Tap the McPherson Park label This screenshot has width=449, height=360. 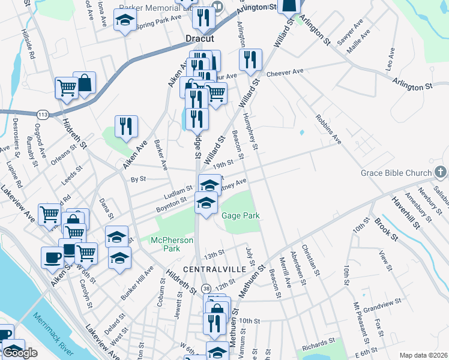pyautogui.click(x=172, y=244)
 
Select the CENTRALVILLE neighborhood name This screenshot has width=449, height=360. pyautogui.click(x=214, y=269)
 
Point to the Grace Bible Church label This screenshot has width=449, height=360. pyautogui.click(x=396, y=173)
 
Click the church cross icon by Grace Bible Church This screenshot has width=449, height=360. pyautogui.click(x=441, y=173)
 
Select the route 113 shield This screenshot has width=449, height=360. pyautogui.click(x=43, y=114)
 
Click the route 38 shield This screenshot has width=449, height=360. pyautogui.click(x=206, y=289)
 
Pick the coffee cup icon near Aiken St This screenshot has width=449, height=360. pyautogui.click(x=52, y=257)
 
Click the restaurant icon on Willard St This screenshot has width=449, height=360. pyautogui.click(x=249, y=59)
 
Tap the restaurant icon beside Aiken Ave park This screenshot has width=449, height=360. pyautogui.click(x=126, y=126)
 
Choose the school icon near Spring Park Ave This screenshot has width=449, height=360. pyautogui.click(x=125, y=22)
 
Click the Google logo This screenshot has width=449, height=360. pyautogui.click(x=20, y=353)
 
